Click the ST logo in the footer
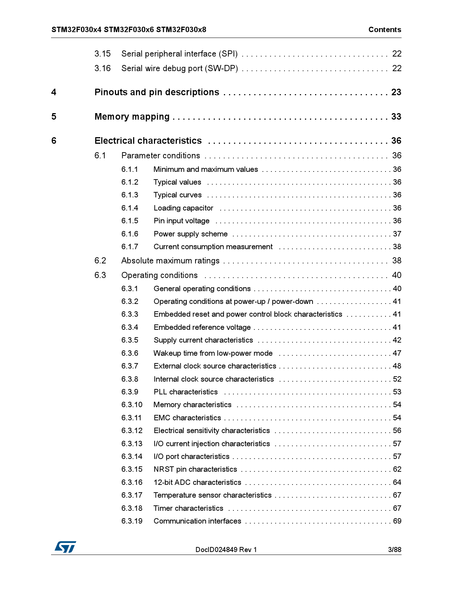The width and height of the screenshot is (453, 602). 65,547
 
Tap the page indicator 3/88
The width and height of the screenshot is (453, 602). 394,549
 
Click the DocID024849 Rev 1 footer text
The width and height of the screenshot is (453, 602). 226,549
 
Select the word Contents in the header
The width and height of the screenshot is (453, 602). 384,30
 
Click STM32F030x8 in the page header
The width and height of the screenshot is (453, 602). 181,30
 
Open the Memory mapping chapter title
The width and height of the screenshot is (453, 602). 132,117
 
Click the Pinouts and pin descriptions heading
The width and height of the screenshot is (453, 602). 156,92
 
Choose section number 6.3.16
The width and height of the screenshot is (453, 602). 132,482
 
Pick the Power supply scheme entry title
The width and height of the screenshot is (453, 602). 190,234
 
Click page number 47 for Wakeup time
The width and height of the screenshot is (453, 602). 397,353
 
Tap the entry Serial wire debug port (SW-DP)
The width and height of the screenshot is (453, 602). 179,69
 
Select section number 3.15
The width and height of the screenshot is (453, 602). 102,54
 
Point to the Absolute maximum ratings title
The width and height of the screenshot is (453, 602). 170,261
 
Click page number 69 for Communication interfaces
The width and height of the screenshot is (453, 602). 397,521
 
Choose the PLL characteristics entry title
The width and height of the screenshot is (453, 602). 185,392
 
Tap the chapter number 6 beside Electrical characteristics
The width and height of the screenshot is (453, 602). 54,141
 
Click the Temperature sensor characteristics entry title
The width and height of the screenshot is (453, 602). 212,495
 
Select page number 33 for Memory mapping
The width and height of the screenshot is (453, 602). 396,117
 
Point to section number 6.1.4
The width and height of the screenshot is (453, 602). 130,208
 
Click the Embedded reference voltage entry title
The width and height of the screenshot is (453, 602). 202,327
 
